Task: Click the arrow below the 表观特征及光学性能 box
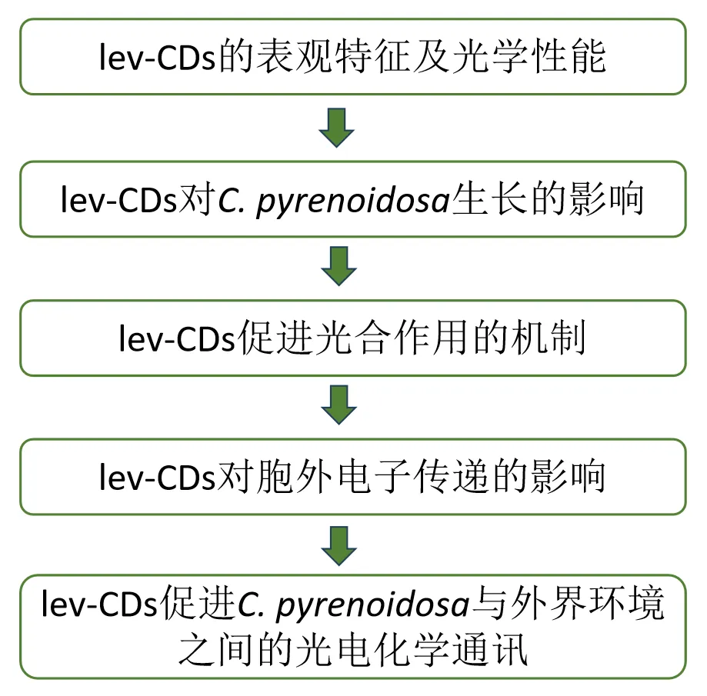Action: click(336, 128)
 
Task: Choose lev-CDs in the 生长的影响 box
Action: click(117, 199)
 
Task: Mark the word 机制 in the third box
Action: click(549, 338)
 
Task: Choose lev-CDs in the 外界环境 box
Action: click(98, 607)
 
